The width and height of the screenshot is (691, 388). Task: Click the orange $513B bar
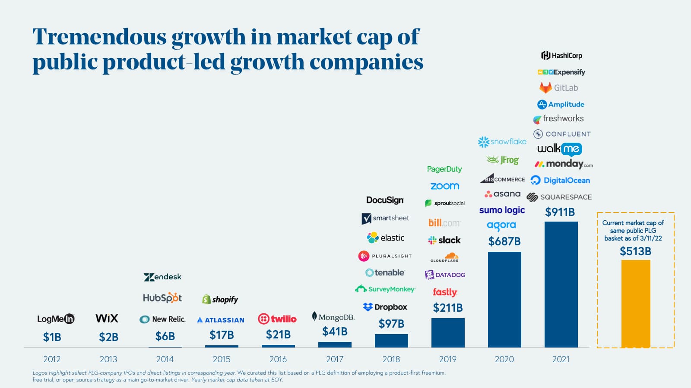click(636, 304)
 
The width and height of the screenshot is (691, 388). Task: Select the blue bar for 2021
click(561, 285)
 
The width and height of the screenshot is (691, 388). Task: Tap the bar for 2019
click(448, 332)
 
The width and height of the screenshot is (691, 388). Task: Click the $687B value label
click(504, 241)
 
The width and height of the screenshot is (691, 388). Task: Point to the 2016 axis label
click(278, 359)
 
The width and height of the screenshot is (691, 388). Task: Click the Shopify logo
click(220, 299)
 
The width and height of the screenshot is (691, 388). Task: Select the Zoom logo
click(445, 186)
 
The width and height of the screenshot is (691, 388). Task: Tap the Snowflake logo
click(502, 141)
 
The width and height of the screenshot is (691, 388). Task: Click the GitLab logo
click(558, 88)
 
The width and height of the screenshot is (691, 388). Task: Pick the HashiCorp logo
click(561, 56)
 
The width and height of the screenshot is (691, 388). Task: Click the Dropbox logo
click(385, 307)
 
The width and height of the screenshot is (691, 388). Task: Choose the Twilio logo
click(277, 319)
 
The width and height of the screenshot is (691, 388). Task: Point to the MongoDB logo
click(333, 317)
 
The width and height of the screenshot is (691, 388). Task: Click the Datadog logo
click(445, 275)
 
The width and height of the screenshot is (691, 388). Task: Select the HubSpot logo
click(162, 298)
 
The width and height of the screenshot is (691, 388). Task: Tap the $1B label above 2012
click(52, 337)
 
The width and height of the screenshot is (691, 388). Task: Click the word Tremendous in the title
click(99, 37)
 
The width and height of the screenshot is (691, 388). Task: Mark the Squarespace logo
click(559, 197)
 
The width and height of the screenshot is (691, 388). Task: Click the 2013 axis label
click(108, 359)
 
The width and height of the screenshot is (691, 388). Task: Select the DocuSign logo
click(385, 200)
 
